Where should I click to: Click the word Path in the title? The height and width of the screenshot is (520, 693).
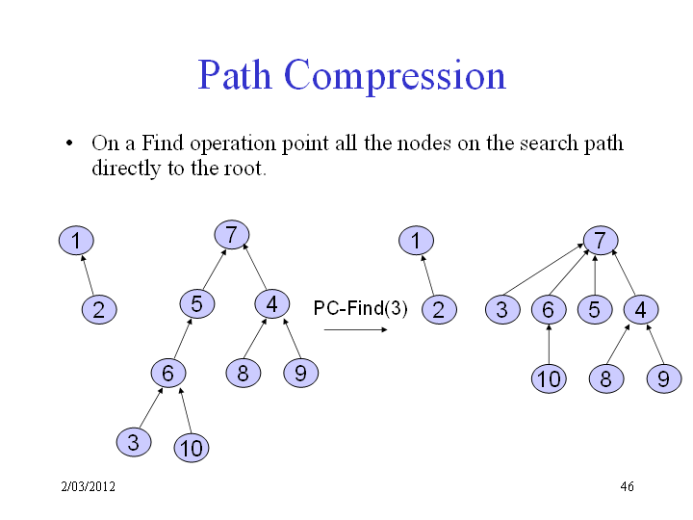point(234,75)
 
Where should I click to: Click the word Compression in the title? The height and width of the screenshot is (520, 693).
point(395,77)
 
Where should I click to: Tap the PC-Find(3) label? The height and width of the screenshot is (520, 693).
point(360,308)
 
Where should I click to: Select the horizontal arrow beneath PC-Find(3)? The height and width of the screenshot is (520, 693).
point(355,329)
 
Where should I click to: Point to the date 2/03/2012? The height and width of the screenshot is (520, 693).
point(88,486)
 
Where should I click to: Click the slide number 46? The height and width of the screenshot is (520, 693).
point(627,486)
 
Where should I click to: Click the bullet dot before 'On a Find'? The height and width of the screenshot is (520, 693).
point(69,143)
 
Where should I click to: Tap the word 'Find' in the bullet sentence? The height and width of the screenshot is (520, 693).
point(163,143)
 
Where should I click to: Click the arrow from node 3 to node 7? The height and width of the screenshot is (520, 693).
point(544,269)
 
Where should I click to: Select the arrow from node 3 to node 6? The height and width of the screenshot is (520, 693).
point(151,407)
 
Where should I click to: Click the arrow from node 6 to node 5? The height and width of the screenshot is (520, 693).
point(184,339)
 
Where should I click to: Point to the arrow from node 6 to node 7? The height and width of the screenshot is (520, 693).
point(569,273)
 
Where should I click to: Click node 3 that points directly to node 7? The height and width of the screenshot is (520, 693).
point(502,309)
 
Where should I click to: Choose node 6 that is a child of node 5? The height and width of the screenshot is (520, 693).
point(168,374)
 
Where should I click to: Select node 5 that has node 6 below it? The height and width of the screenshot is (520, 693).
point(197,304)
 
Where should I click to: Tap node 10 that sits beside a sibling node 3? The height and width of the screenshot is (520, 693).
point(192,448)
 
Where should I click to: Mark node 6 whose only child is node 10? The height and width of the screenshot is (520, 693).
point(549,309)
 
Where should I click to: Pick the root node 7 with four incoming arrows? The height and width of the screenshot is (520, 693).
point(601,241)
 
